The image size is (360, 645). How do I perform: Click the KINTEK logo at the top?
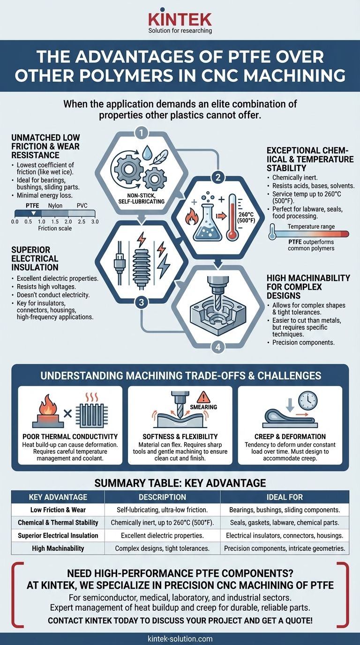pyautogui.click(x=180, y=18)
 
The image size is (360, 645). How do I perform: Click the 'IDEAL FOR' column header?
pyautogui.click(x=284, y=497)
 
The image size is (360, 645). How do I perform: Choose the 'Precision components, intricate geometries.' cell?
pyautogui.click(x=285, y=548)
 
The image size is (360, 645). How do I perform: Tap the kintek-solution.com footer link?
pyautogui.click(x=180, y=638)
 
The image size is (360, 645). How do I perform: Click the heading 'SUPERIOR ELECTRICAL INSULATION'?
pyautogui.click(x=36, y=258)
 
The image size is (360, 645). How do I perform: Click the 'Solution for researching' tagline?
pyautogui.click(x=180, y=31)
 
